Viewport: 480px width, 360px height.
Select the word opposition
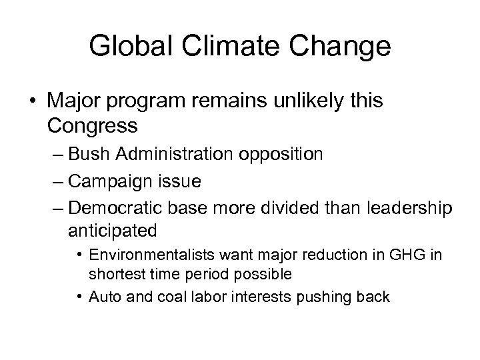285,155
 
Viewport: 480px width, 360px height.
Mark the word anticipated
112,230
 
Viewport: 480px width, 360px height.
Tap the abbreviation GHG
411,255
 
